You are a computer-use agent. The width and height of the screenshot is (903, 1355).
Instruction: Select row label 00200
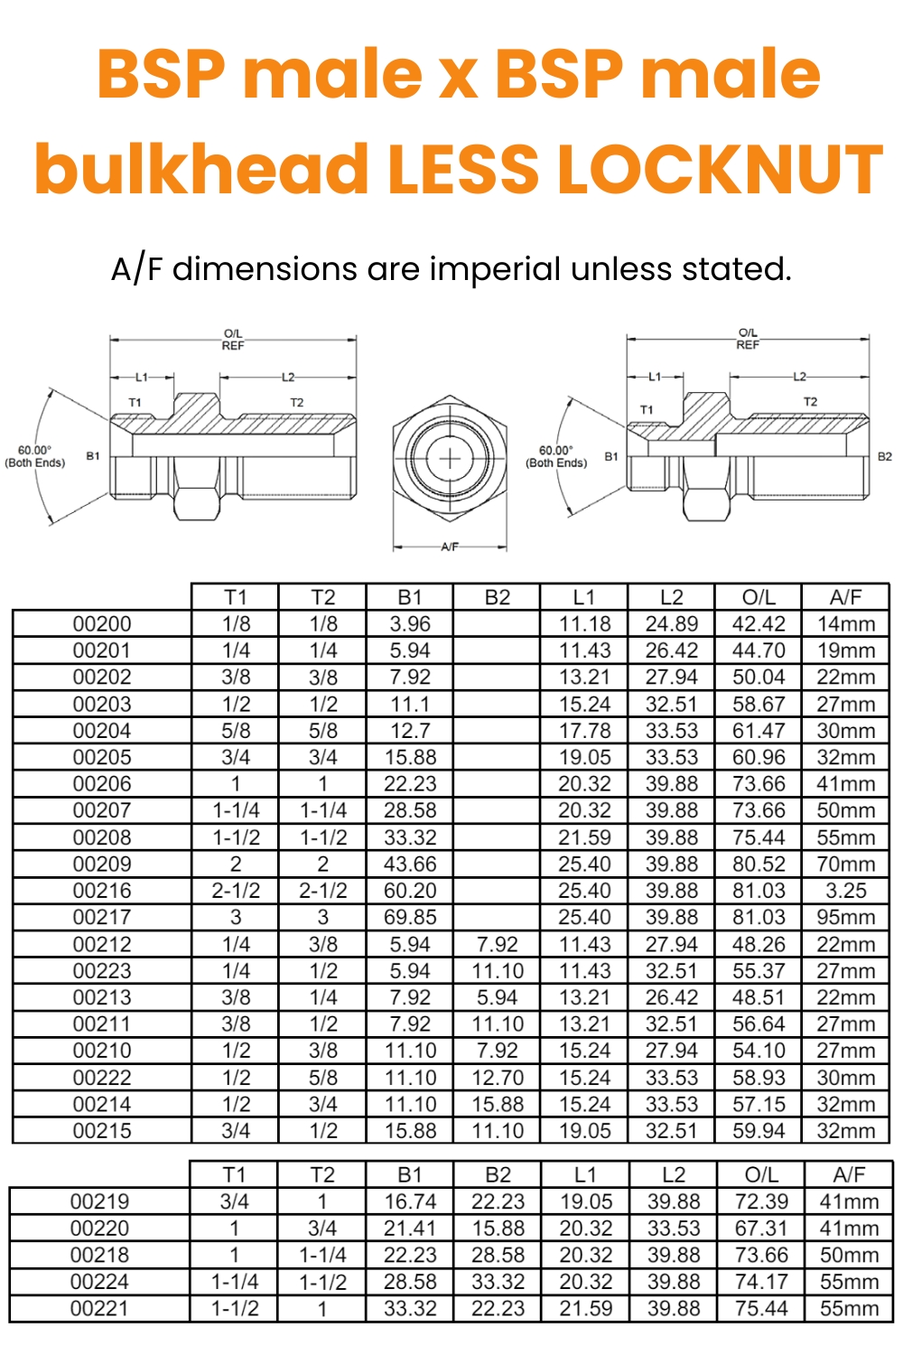(x=102, y=624)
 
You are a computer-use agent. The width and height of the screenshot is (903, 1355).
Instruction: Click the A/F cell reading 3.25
(x=846, y=891)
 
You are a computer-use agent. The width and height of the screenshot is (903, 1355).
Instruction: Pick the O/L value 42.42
(x=759, y=624)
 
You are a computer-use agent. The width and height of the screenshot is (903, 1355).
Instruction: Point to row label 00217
(x=102, y=918)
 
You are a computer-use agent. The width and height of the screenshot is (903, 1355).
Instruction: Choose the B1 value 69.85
(x=410, y=918)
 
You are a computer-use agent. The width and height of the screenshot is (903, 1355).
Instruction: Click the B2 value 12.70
(x=498, y=1078)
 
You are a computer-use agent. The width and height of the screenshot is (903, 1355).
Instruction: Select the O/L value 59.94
(x=759, y=1131)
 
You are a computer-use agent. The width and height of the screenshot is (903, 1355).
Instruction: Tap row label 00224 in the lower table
(x=99, y=1282)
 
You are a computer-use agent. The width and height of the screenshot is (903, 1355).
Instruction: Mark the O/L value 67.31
(x=761, y=1229)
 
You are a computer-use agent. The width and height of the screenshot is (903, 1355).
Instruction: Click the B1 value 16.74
(x=410, y=1202)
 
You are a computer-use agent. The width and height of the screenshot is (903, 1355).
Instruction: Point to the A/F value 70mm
(x=846, y=864)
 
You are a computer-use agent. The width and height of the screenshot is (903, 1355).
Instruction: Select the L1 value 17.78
(x=584, y=731)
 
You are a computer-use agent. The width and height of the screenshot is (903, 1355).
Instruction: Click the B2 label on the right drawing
(x=885, y=456)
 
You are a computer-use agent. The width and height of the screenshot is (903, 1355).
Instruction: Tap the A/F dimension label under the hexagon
(x=450, y=547)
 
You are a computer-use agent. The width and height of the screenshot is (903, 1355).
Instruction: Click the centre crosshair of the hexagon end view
(x=450, y=458)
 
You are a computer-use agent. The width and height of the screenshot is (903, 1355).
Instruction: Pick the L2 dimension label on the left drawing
(x=287, y=377)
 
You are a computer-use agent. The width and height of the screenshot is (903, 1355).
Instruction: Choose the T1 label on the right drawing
(x=647, y=410)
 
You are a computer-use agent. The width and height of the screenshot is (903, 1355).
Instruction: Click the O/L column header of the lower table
(x=761, y=1174)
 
